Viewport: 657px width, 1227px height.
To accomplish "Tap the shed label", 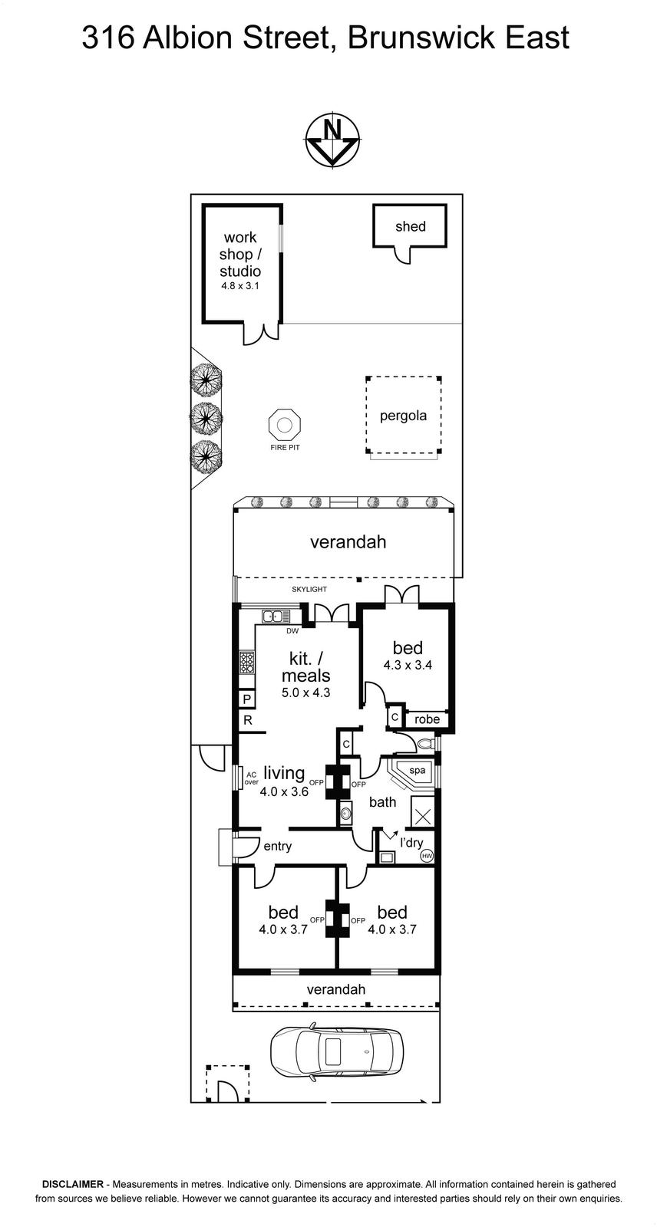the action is point(410,226).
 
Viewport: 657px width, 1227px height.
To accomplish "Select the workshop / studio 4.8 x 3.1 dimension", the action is point(240,285).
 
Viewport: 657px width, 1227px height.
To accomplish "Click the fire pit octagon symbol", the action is point(285,425).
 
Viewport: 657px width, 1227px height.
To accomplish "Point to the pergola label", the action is point(403,416).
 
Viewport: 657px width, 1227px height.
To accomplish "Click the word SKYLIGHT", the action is point(309,589).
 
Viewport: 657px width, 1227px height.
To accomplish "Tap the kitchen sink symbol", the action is point(272,617).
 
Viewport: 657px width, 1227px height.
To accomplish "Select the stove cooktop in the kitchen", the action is point(247,663).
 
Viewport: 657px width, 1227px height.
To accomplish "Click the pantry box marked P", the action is point(247,699).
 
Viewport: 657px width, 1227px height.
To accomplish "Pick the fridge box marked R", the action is point(247,720).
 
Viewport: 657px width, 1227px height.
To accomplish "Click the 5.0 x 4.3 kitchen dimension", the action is point(306,692).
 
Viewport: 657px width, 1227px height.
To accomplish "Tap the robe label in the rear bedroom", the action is point(427,719).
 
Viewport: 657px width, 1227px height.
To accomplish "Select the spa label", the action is point(418,770).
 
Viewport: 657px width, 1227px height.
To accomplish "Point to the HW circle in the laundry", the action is point(426,856).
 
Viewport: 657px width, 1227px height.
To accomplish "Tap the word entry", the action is point(278,847).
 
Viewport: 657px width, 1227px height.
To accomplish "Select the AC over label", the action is point(251,778).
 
